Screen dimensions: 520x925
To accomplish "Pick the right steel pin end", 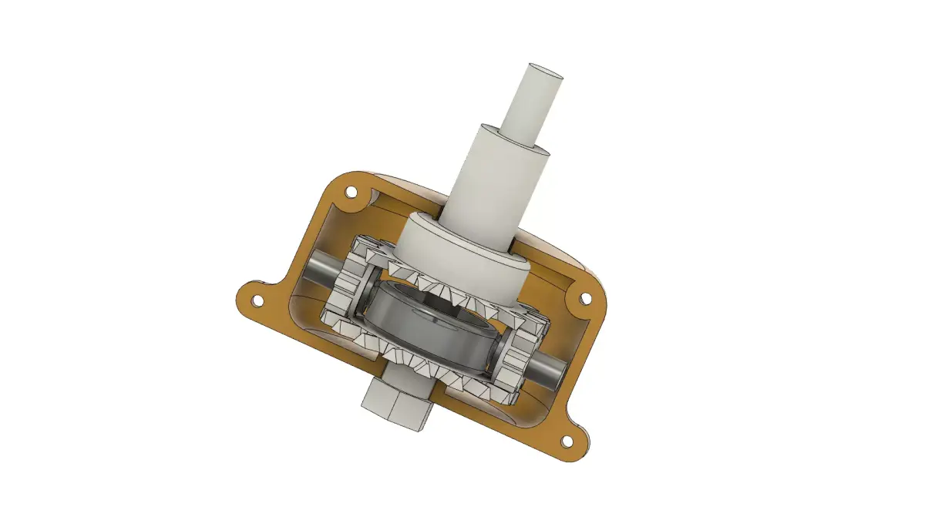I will (x=549, y=371).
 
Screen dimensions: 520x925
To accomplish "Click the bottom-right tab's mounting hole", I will (x=567, y=441).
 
